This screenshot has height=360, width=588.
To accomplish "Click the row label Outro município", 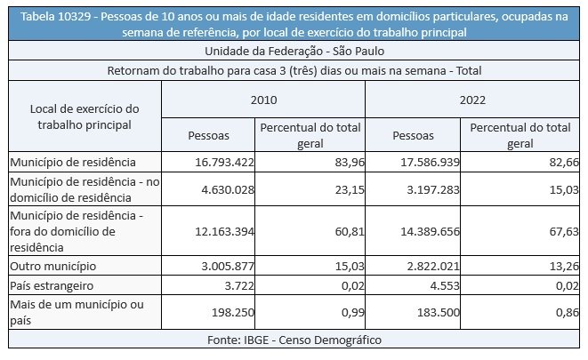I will tap(52, 266).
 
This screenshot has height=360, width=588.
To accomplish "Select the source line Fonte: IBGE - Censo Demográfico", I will tap(293, 340).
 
